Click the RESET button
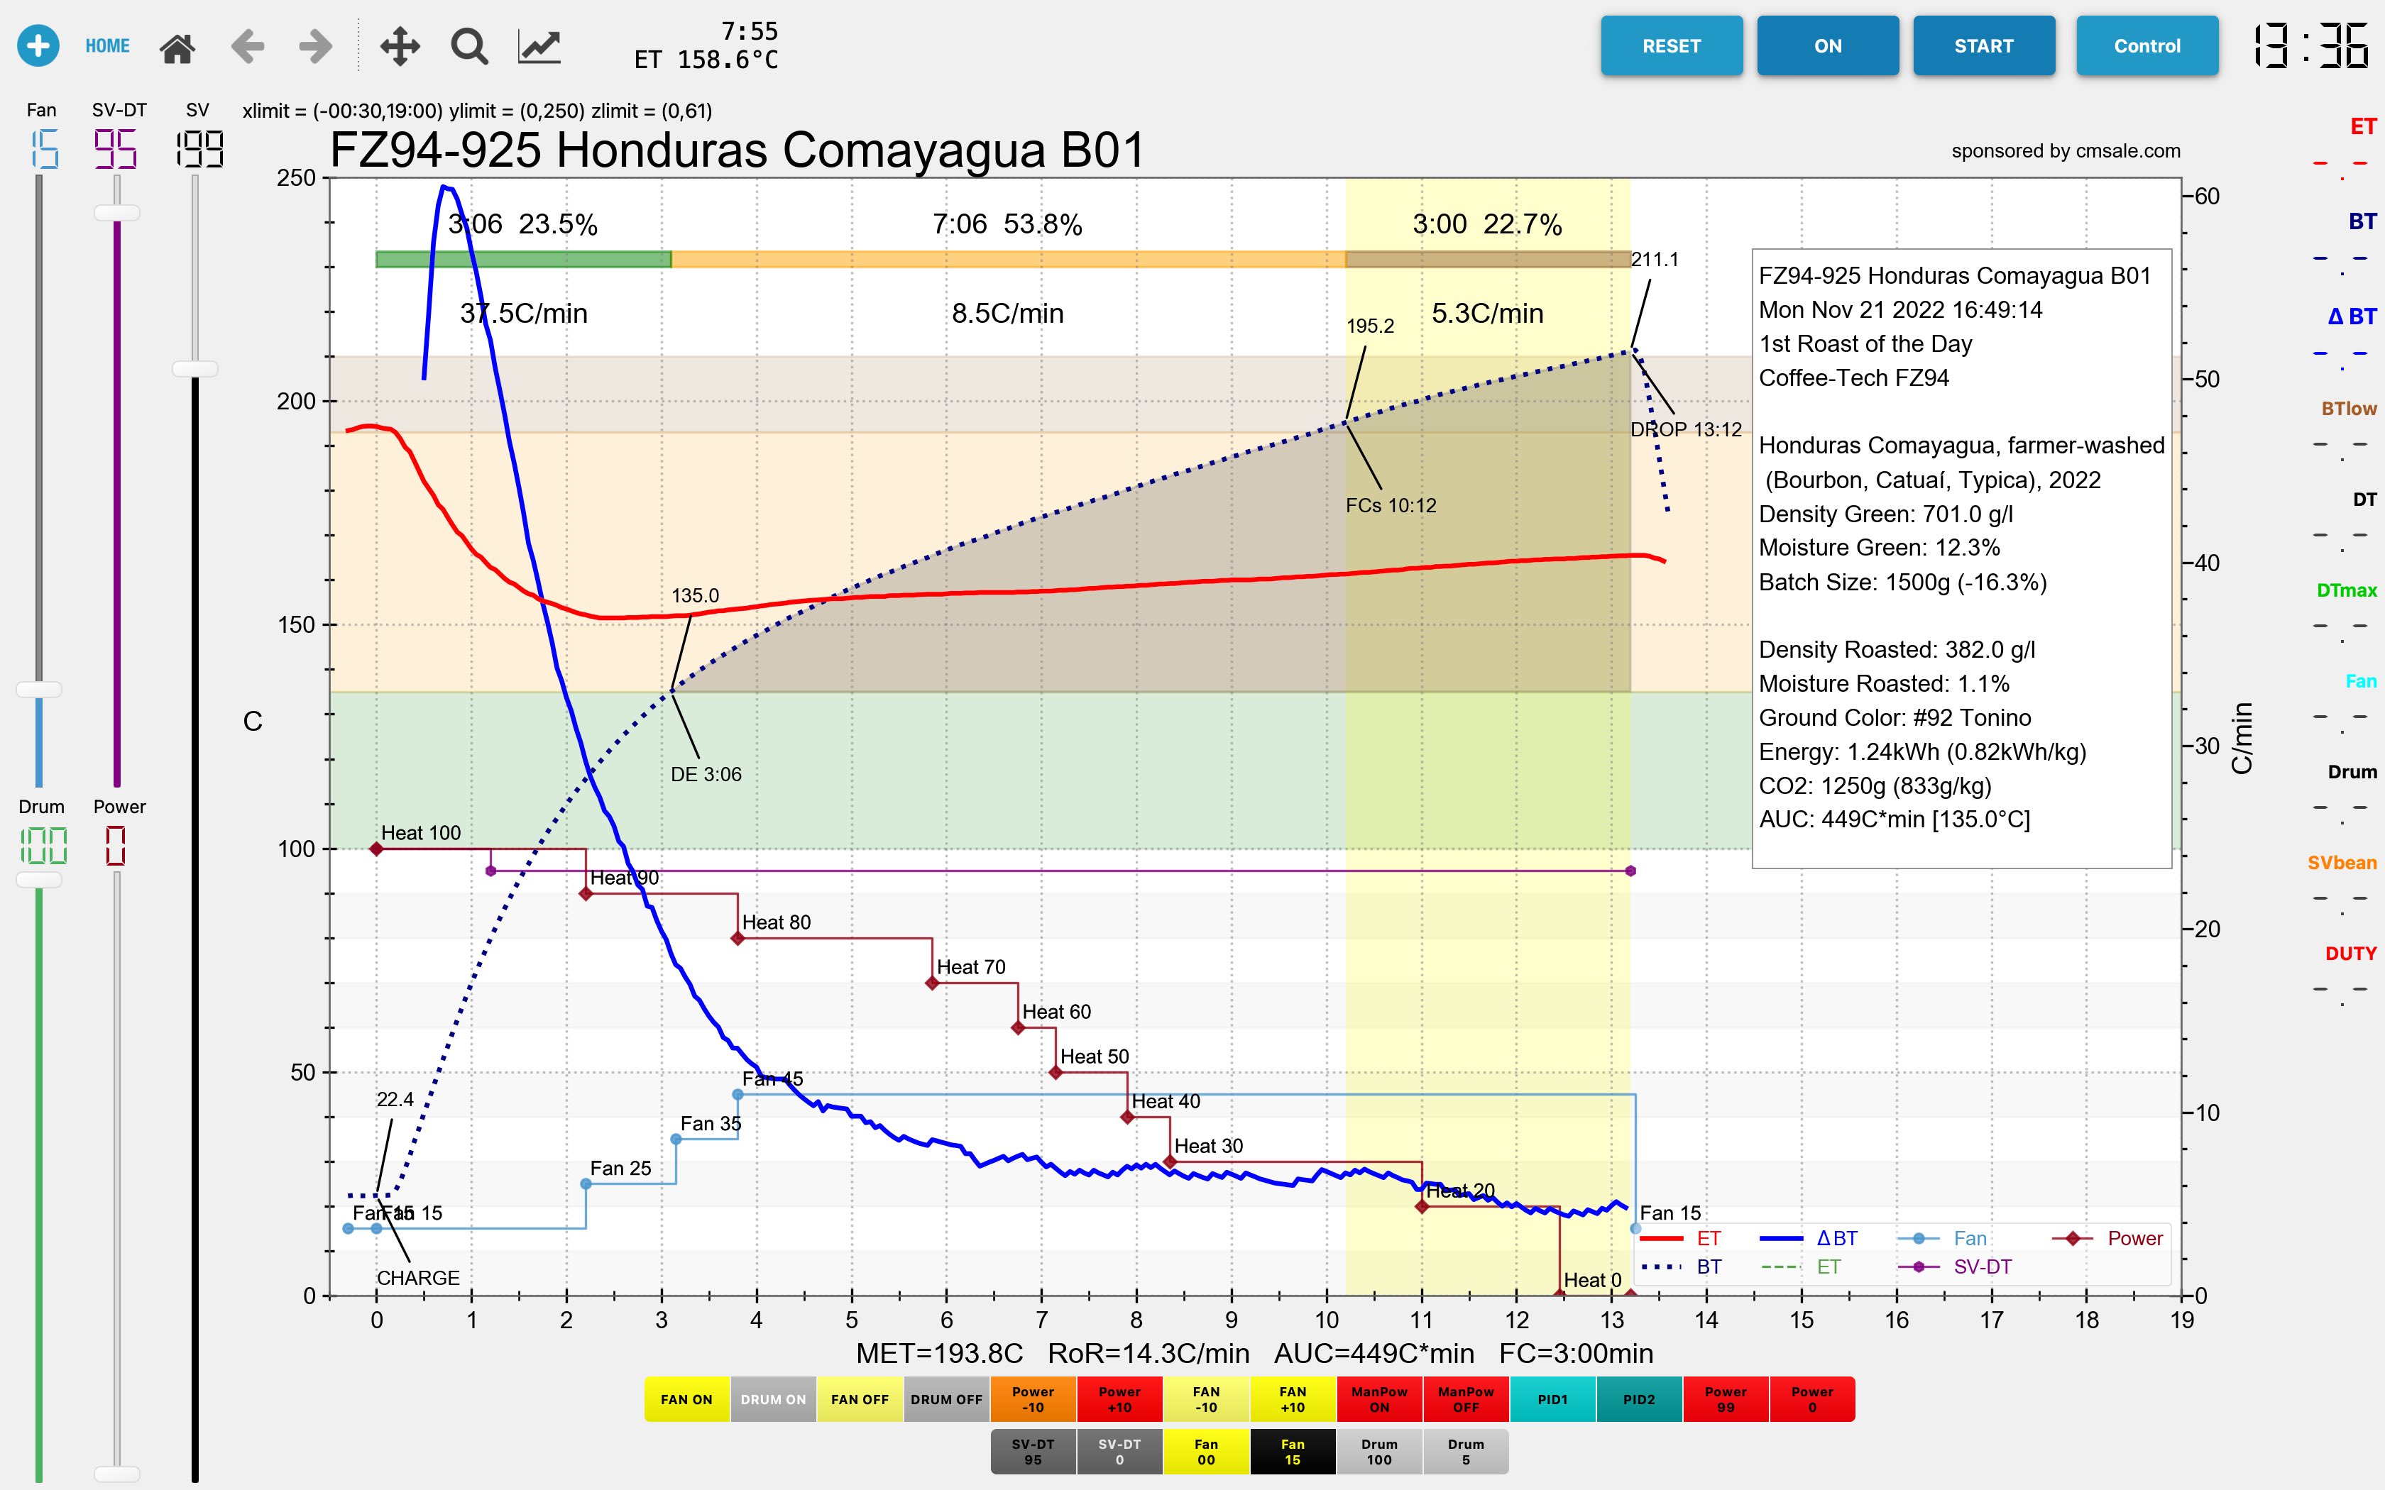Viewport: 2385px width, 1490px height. [1670, 46]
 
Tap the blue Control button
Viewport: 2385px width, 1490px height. [2146, 46]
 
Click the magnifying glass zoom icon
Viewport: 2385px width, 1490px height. [469, 46]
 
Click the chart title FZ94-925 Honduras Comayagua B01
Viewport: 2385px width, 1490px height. [738, 150]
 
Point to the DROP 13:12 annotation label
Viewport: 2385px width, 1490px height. [1685, 430]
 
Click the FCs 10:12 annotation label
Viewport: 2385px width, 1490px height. [1391, 505]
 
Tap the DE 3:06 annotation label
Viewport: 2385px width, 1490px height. [706, 775]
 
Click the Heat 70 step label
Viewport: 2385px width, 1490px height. [971, 966]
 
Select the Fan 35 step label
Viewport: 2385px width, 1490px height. [710, 1123]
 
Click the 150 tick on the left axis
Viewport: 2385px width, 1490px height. [296, 625]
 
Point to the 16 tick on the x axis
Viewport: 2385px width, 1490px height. [1896, 1320]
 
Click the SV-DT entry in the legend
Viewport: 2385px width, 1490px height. [1981, 1267]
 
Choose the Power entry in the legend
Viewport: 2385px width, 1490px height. [2134, 1239]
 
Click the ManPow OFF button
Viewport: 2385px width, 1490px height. [1466, 1399]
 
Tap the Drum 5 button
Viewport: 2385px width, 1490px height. [1466, 1452]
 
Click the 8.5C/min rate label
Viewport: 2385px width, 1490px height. [1007, 314]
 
